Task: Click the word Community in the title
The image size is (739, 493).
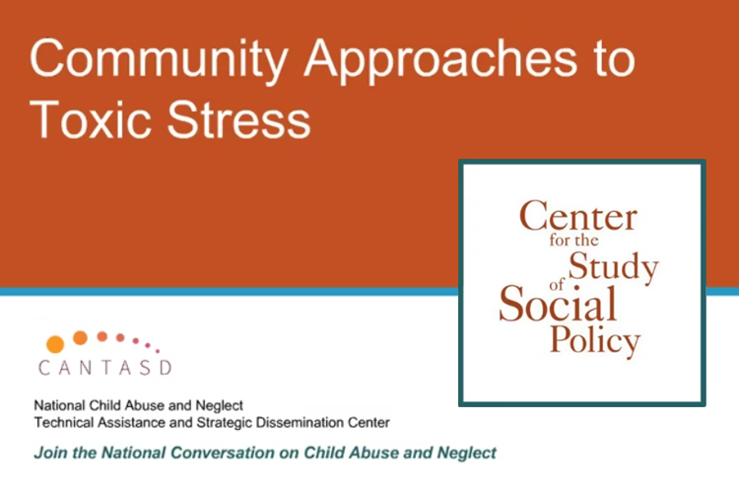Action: (159, 60)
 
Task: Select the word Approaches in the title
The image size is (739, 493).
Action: (440, 60)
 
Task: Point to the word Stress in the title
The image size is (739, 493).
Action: (239, 119)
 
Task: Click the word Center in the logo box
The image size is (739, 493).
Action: (578, 216)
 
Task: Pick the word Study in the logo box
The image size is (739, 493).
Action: (613, 267)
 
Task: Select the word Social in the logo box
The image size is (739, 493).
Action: (558, 304)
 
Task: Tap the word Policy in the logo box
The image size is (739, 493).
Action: (595, 340)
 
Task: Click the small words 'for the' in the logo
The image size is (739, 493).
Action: (573, 241)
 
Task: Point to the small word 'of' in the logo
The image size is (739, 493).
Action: (557, 285)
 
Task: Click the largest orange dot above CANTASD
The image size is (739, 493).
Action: (55, 344)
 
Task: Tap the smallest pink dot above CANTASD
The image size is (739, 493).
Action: (158, 351)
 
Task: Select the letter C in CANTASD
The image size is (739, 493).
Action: (44, 368)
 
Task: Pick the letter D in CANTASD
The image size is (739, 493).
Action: (166, 368)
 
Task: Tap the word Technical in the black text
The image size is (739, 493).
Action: (64, 422)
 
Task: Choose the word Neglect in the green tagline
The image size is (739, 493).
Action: (467, 453)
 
